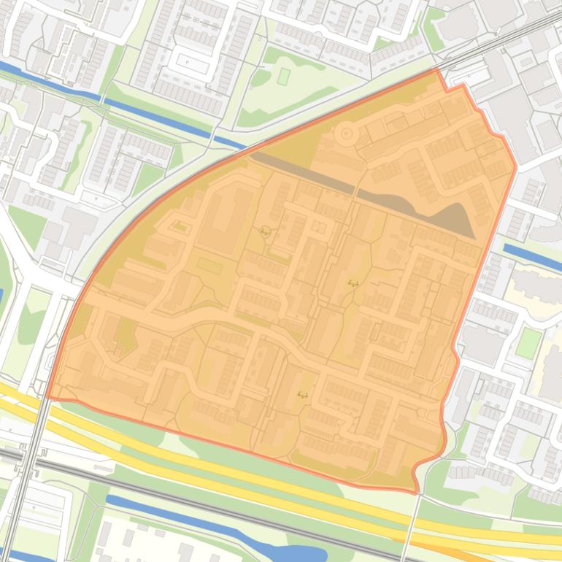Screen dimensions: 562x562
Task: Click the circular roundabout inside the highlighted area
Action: pos(346,134)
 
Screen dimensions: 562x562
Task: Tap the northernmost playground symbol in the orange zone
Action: pos(264,232)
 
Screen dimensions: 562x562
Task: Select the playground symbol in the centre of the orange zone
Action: pos(353,283)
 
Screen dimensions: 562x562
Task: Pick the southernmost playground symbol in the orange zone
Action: pos(302,395)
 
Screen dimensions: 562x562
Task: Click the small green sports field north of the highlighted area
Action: pos(283,76)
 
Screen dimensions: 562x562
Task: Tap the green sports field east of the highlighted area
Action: pos(528,343)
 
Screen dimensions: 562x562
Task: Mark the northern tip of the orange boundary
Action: pos(437,70)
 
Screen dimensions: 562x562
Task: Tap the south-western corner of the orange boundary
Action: pos(49,398)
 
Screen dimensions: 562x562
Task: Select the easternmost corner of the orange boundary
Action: pos(515,166)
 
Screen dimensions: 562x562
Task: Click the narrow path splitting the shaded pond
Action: pos(355,193)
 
